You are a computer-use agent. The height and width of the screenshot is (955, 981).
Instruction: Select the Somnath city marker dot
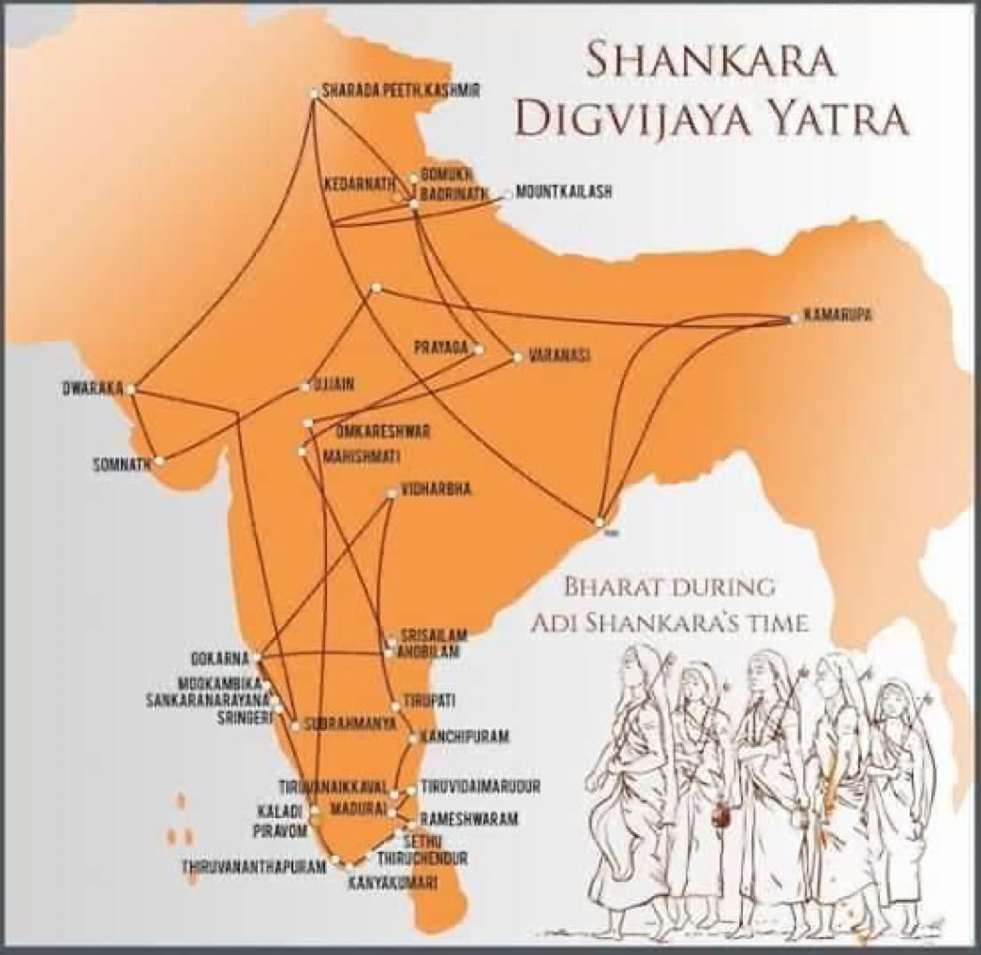(160, 461)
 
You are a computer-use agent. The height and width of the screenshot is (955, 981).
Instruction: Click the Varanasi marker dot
(515, 356)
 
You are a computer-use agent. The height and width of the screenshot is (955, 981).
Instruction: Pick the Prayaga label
(440, 349)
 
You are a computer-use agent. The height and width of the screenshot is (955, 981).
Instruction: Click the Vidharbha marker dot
(391, 493)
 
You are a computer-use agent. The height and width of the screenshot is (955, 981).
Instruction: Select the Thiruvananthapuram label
(255, 868)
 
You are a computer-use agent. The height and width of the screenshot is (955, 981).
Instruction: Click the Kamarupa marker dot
(794, 319)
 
